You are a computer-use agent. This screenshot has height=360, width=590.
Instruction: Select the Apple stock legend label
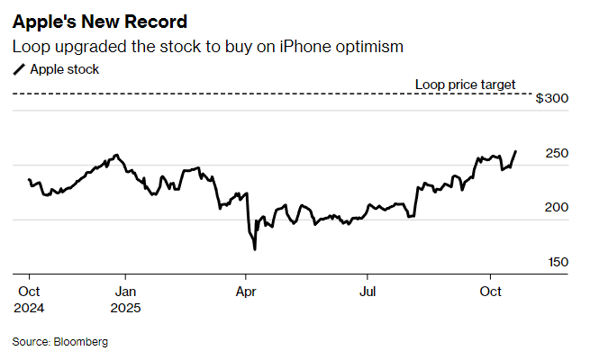(x=65, y=68)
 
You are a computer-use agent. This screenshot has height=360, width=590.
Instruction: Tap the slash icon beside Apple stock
(x=18, y=69)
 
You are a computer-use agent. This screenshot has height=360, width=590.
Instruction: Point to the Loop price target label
(x=465, y=85)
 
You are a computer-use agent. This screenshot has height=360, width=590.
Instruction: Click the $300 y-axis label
(x=551, y=98)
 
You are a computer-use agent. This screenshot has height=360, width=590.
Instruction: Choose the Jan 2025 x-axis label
(x=126, y=300)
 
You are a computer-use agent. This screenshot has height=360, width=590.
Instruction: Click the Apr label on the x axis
(x=245, y=292)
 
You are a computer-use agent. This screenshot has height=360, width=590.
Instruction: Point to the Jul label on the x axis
(x=367, y=292)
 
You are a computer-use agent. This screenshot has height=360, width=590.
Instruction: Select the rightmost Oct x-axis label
(x=490, y=292)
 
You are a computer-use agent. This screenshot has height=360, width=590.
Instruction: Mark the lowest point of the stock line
(x=255, y=249)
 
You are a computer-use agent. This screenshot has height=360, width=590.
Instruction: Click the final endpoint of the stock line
(x=515, y=151)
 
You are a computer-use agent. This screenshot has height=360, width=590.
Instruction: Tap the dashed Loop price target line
(x=270, y=94)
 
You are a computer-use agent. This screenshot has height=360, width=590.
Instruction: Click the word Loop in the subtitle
(x=31, y=46)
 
